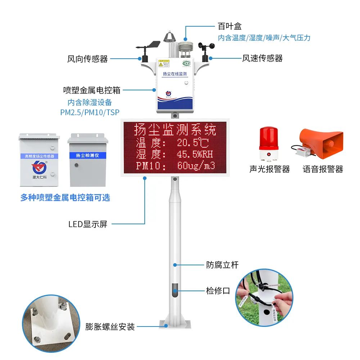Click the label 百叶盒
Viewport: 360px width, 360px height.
(229, 26)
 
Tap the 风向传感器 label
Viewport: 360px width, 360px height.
(87, 59)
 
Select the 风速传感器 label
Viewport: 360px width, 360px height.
(262, 58)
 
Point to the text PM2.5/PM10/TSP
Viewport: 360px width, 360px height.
(90, 112)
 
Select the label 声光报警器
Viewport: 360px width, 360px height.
(270, 169)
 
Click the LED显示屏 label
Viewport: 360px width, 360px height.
(88, 224)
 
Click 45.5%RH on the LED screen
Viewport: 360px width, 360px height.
(195, 154)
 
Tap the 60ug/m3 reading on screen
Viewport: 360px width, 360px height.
(196, 166)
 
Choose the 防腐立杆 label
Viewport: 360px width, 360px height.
(222, 265)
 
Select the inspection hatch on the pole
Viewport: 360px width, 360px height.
(175, 290)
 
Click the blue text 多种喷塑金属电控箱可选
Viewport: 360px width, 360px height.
(65, 197)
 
